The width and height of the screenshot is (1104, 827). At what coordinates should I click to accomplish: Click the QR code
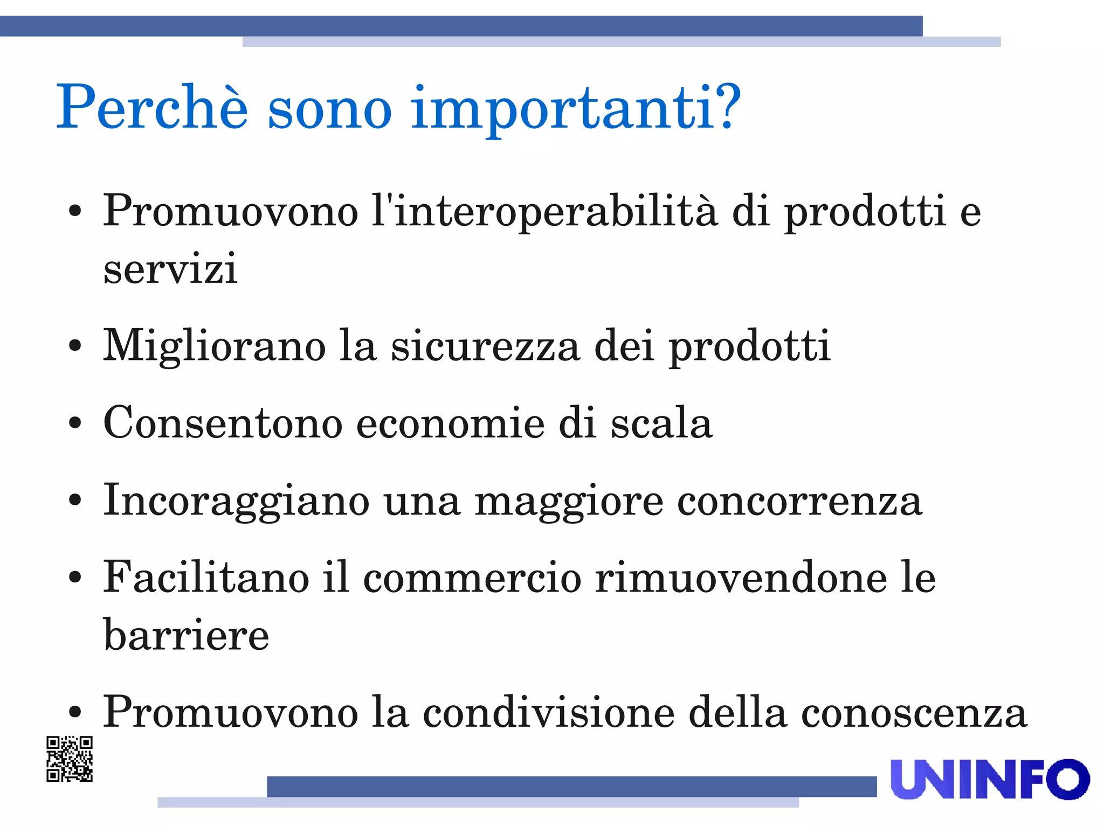point(70,759)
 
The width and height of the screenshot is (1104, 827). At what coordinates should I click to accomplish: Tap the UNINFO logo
point(990,780)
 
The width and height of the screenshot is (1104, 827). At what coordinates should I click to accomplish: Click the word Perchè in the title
point(152,108)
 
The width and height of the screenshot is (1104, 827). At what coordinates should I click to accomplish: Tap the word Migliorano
point(215,346)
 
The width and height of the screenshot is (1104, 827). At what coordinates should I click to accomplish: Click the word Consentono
point(223,423)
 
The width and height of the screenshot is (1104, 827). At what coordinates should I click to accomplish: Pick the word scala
point(661,423)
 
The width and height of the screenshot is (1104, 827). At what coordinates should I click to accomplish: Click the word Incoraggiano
point(236,501)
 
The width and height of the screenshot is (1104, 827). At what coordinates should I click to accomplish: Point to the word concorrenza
point(799,502)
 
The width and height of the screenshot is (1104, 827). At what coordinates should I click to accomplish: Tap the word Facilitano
point(206,578)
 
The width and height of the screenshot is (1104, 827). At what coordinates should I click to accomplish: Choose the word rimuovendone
point(741,578)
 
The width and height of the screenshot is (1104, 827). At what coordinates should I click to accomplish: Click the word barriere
point(186,635)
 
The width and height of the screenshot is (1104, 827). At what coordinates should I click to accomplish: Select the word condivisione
point(549,713)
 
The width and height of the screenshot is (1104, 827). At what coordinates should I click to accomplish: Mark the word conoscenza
point(914,713)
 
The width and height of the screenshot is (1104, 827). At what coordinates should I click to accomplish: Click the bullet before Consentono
point(75,423)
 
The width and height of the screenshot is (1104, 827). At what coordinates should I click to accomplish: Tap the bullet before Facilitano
point(75,578)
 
